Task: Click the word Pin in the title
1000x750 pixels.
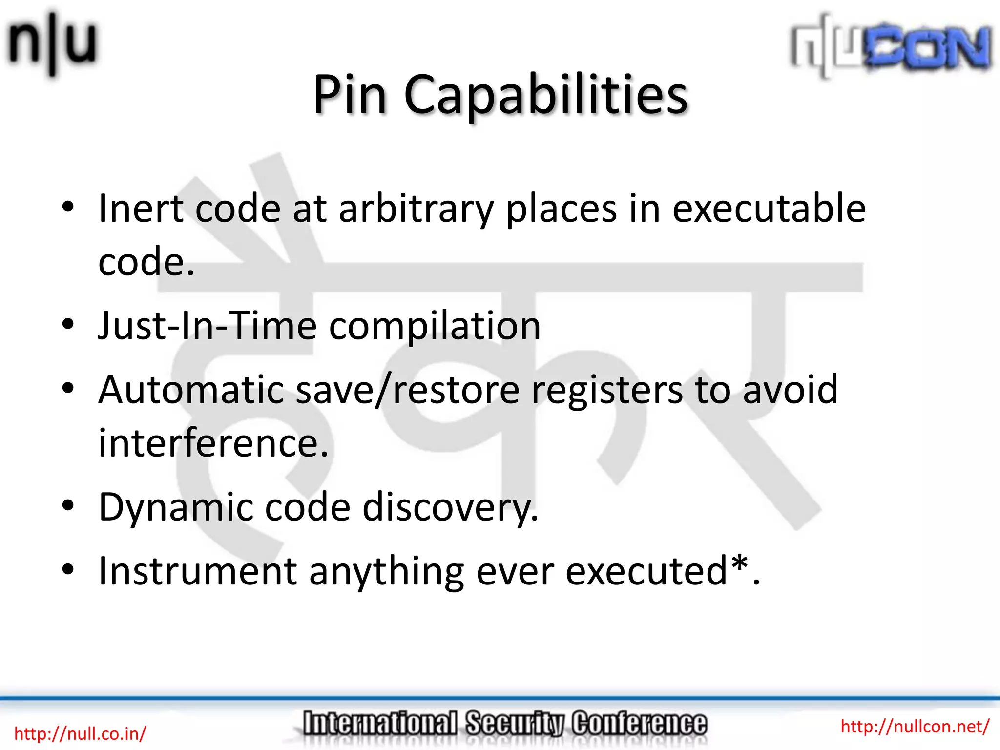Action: [x=350, y=95]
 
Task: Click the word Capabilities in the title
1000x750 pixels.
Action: [x=545, y=95]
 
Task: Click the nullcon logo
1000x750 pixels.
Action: [x=891, y=46]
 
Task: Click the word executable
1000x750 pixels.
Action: [x=769, y=209]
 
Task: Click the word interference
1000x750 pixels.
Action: [x=213, y=443]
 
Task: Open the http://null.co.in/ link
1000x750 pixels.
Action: [x=80, y=734]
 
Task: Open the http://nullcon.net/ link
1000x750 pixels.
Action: [x=915, y=727]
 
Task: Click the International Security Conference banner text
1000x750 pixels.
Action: [x=504, y=724]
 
